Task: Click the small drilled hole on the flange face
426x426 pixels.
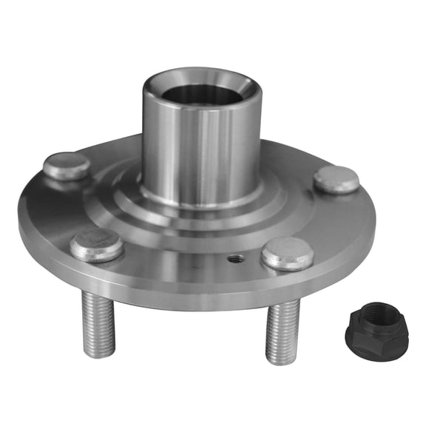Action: pos(234,259)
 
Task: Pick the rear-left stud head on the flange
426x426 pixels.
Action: pos(67,166)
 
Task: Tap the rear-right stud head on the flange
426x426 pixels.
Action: pos(336,179)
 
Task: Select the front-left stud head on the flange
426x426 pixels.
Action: pos(97,244)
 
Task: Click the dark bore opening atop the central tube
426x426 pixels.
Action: pos(200,94)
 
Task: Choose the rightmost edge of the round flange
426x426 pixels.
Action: pos(374,222)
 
